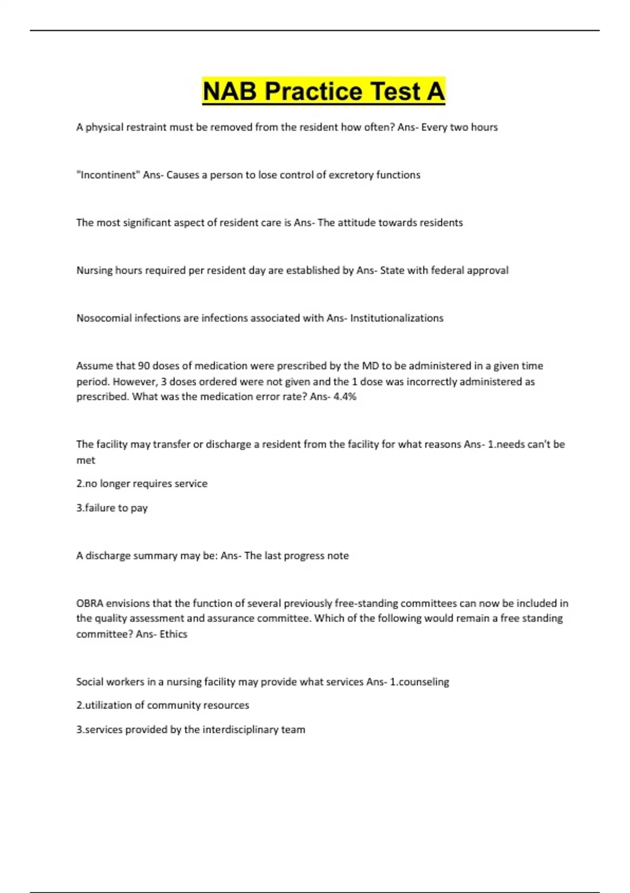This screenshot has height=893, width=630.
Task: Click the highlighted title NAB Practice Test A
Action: pos(323,91)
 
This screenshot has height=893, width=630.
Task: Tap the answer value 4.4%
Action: pos(345,397)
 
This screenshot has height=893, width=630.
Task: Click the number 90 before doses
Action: pos(144,366)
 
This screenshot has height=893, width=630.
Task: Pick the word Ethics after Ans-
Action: pos(173,634)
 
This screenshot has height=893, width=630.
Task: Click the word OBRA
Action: pos(90,603)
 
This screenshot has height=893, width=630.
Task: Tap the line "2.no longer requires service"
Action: pos(142,483)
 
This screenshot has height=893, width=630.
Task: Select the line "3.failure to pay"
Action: pos(112,508)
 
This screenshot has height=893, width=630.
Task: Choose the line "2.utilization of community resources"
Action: pos(163,705)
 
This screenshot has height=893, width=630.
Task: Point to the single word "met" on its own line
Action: pos(86,460)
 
